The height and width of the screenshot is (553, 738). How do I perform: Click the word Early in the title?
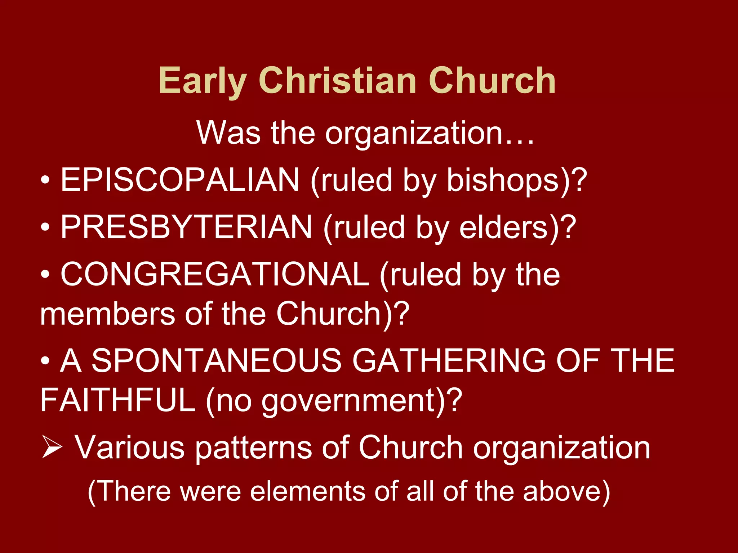203,81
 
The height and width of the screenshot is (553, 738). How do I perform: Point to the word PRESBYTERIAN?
186,227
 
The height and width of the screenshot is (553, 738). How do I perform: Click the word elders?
504,227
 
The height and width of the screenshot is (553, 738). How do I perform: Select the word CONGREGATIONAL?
215,274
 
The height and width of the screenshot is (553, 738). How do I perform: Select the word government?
348,401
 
